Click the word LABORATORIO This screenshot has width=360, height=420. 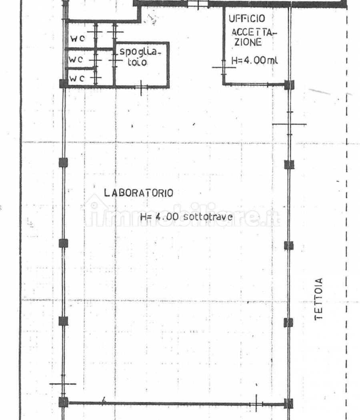pyautogui.click(x=138, y=193)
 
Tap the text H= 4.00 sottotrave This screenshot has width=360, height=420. pyautogui.click(x=186, y=217)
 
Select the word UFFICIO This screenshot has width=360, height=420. pyautogui.click(x=247, y=18)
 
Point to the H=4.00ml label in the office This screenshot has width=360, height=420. pyautogui.click(x=254, y=60)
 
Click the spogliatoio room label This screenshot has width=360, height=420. pyautogui.click(x=140, y=57)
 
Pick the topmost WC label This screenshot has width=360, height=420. pyautogui.click(x=78, y=38)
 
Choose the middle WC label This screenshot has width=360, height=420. pyautogui.click(x=76, y=59)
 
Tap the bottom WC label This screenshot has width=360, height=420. pyautogui.click(x=77, y=78)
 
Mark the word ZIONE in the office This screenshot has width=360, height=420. pyautogui.click(x=248, y=42)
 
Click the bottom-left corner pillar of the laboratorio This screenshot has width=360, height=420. pyautogui.click(x=64, y=402)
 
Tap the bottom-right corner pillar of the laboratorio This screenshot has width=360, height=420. pyautogui.click(x=288, y=403)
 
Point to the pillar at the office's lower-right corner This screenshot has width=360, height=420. pyautogui.click(x=289, y=85)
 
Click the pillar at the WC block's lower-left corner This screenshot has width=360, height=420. pyautogui.click(x=64, y=83)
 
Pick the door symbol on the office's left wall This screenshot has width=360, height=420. pyautogui.click(x=224, y=67)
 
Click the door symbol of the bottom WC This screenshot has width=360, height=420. pyautogui.click(x=96, y=78)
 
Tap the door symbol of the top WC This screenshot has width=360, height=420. pyautogui.click(x=96, y=32)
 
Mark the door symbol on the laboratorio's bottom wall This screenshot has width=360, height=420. pyautogui.click(x=256, y=404)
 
